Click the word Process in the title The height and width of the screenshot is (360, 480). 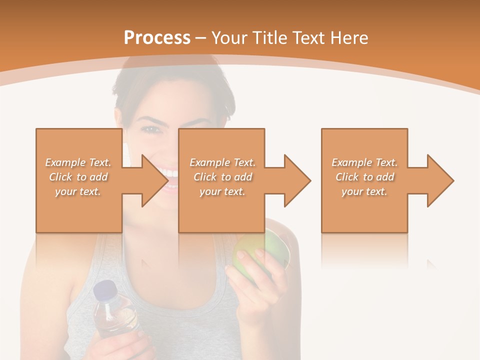click(157, 38)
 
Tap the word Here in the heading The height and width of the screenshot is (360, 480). click(348, 38)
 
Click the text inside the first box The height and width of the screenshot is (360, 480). click(78, 177)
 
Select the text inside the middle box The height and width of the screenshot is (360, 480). click(222, 177)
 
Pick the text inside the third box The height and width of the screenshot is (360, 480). click(364, 177)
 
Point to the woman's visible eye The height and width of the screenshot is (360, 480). click(150, 129)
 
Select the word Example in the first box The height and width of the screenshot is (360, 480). click(65, 162)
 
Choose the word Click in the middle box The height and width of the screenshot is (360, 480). click(204, 177)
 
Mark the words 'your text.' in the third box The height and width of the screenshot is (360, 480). click(364, 191)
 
